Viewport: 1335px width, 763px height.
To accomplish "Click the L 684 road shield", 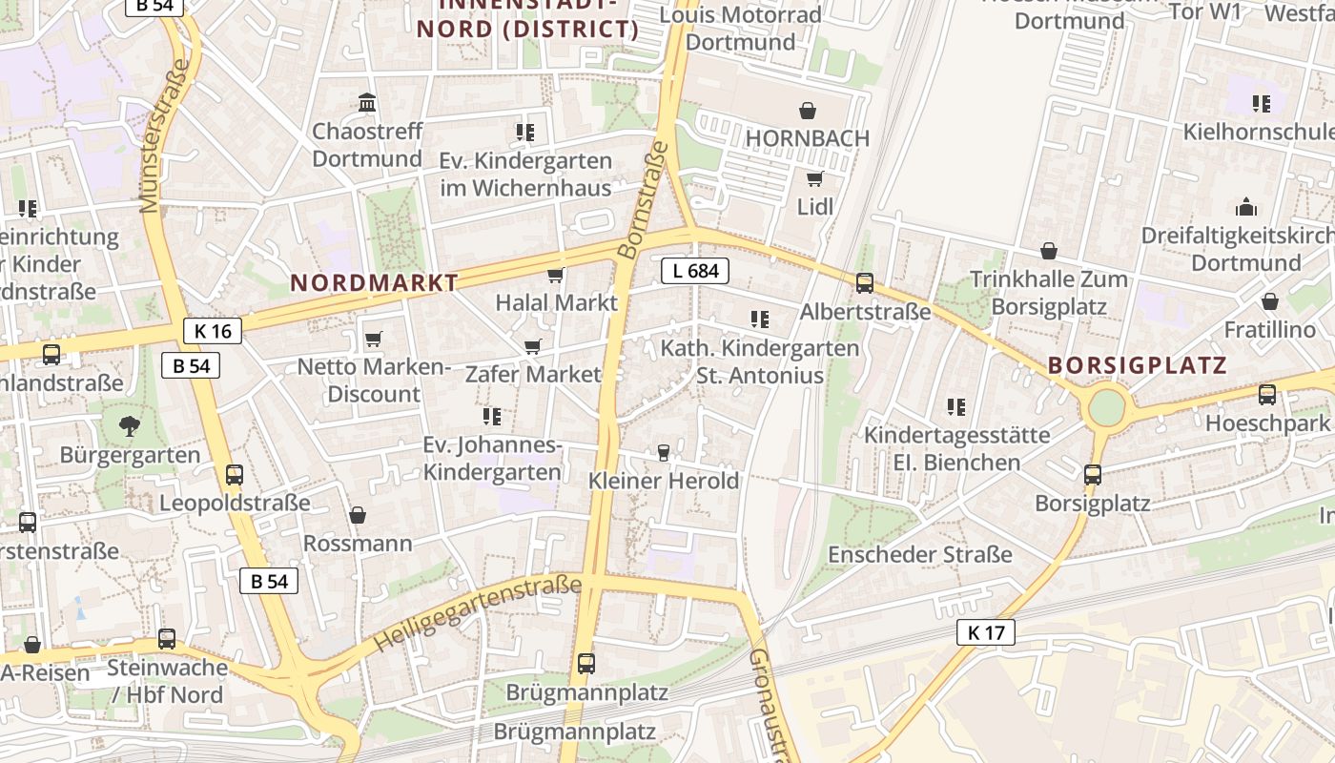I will [x=695, y=271].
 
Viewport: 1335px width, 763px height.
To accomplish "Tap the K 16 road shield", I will [x=212, y=331].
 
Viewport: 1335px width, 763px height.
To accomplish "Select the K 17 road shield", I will [x=986, y=631].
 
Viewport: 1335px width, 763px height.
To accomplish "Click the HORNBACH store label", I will [x=807, y=138].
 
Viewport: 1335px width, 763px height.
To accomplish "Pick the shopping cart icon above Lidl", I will [x=814, y=179].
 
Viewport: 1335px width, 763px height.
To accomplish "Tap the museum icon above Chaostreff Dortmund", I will [x=367, y=102].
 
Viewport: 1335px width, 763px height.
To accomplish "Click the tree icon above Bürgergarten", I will [x=130, y=426].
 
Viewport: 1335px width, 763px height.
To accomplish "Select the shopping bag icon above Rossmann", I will [x=358, y=516].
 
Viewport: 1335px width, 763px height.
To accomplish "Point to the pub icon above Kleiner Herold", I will [x=664, y=452].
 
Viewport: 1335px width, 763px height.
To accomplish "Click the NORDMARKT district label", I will [x=375, y=283].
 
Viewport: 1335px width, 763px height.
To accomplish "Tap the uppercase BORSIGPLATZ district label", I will [x=1137, y=365].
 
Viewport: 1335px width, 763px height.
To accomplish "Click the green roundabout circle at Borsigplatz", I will [x=1106, y=407].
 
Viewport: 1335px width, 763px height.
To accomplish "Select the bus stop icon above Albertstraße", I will [x=865, y=283].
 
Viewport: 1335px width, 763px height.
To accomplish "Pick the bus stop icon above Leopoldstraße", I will [x=235, y=475].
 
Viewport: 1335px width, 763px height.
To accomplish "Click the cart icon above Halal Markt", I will [x=555, y=276].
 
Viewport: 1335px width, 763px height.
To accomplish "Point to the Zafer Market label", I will [x=533, y=374].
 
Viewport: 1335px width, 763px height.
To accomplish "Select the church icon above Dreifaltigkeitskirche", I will [x=1245, y=207].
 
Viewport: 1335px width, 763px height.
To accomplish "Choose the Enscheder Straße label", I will [x=920, y=554].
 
